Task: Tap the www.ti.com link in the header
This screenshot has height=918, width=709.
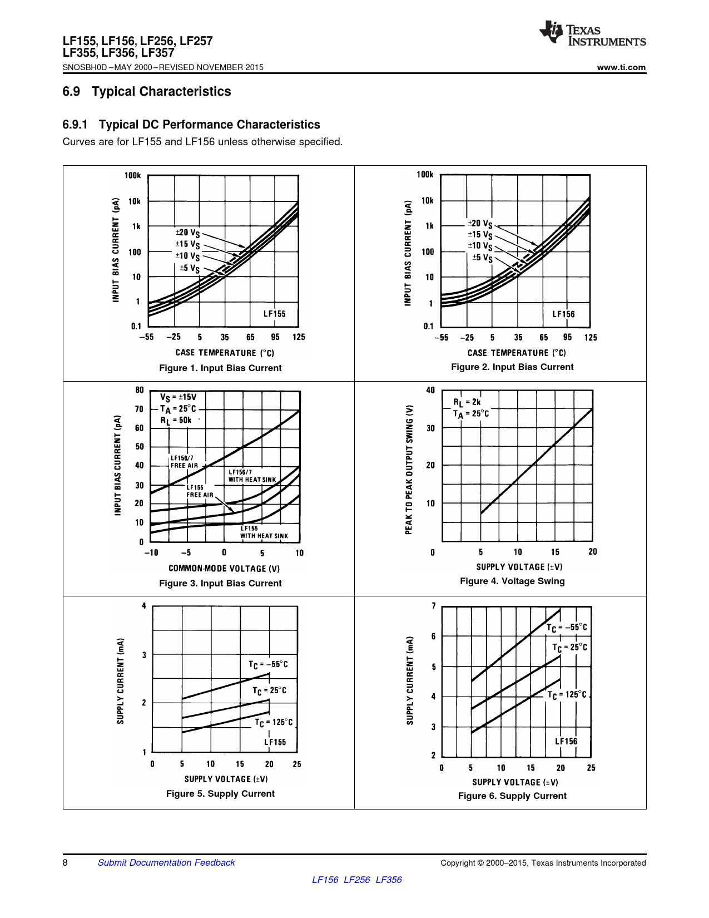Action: [x=621, y=67]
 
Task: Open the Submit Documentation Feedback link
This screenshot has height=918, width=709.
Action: [x=166, y=862]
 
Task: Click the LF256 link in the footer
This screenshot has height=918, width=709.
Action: [x=356, y=880]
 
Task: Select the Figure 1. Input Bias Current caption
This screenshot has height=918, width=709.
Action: [x=220, y=368]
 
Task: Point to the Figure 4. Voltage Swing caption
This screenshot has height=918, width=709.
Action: [x=512, y=581]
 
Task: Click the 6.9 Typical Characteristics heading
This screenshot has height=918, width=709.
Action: [x=147, y=91]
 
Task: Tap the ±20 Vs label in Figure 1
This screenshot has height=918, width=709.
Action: [x=187, y=233]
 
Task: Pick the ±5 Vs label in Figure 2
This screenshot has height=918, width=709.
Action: [x=482, y=258]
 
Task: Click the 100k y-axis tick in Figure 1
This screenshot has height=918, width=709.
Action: [x=132, y=175]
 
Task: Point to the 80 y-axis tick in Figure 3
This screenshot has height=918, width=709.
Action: [x=139, y=390]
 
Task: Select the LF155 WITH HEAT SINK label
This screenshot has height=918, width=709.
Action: [x=264, y=532]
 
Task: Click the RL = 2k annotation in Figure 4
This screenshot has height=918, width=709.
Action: [x=467, y=402]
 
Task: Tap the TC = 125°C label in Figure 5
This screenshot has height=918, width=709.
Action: [x=274, y=722]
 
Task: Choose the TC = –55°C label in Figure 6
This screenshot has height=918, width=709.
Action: [x=567, y=628]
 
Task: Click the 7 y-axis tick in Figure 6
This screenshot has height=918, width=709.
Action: [x=434, y=606]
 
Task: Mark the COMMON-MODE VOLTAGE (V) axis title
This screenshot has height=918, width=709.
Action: [x=224, y=568]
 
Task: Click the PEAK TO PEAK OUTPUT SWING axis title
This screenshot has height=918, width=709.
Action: [x=409, y=470]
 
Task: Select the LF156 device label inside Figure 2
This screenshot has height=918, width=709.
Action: [x=563, y=314]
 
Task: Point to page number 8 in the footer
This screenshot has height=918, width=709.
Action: [x=65, y=862]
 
